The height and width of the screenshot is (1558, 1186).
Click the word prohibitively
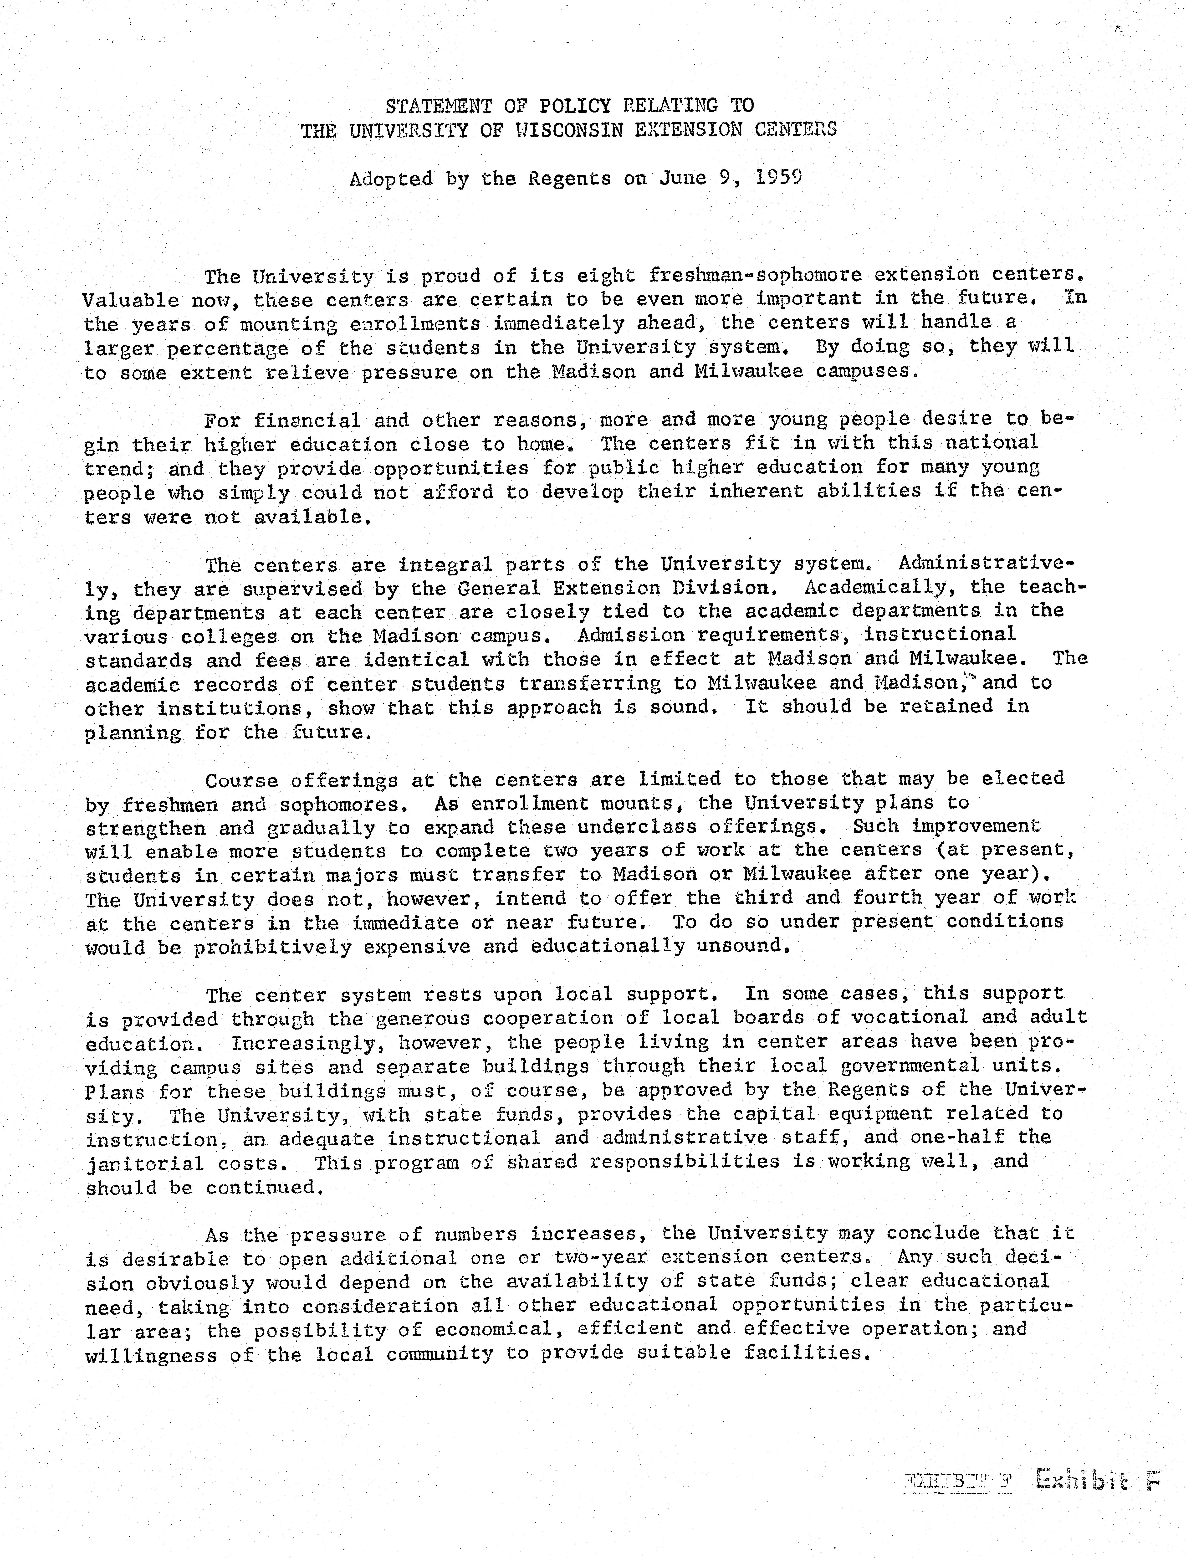tap(272, 947)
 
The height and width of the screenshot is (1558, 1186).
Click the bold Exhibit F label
tap(1096, 1480)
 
